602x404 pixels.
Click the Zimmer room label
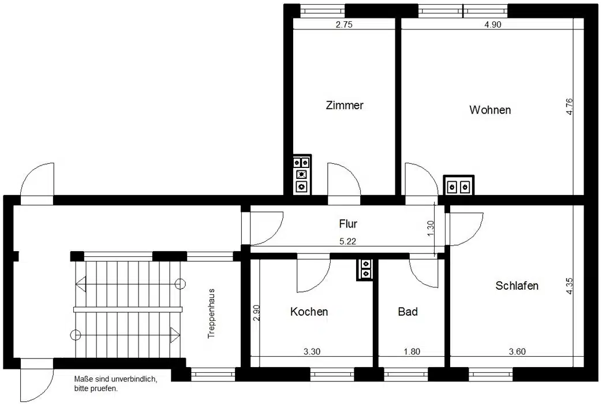click(345, 105)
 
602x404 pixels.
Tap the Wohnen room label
click(490, 110)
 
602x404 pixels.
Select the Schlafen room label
click(517, 286)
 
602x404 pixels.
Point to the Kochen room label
click(309, 312)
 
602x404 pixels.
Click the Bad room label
click(407, 312)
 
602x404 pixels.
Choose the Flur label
click(348, 223)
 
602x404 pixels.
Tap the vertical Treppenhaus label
click(211, 314)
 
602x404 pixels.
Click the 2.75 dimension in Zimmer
click(344, 25)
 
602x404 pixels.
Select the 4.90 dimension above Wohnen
click(493, 25)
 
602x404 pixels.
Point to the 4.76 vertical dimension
click(569, 106)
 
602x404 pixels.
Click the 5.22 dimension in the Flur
click(348, 242)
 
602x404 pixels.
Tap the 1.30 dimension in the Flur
click(431, 228)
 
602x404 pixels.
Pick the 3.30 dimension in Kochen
click(312, 351)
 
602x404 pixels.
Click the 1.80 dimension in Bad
click(412, 351)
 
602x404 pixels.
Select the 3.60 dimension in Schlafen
click(517, 351)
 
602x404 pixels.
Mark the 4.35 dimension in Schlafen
click(569, 286)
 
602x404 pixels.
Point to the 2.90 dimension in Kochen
click(257, 313)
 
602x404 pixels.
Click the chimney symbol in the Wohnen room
click(459, 185)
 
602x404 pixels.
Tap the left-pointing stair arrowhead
click(81, 284)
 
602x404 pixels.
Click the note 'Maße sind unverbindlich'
click(115, 379)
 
